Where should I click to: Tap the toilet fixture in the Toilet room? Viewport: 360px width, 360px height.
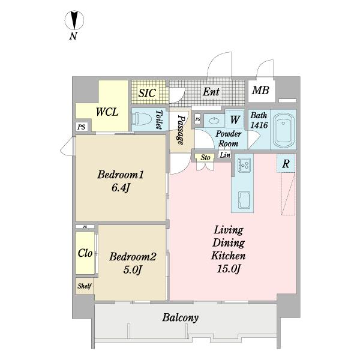coord(143,119)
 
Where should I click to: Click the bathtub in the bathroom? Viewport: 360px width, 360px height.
coord(284,130)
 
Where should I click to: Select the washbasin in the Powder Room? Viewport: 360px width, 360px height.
coord(214,120)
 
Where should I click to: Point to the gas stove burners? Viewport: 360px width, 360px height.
coord(244,164)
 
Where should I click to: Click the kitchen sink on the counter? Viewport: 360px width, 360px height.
coord(244,200)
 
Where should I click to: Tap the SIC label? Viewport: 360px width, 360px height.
coord(147,93)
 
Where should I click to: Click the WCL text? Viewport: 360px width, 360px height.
coord(107,112)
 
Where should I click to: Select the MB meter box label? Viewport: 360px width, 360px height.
coord(260,90)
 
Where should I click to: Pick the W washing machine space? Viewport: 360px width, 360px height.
coord(235,119)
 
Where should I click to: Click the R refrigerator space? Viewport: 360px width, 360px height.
coord(286,164)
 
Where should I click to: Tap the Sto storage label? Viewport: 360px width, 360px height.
coord(205,157)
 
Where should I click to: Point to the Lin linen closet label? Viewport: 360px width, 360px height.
coord(225,155)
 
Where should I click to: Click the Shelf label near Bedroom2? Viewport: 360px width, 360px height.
coord(85,286)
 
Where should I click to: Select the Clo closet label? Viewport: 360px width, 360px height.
coord(85,253)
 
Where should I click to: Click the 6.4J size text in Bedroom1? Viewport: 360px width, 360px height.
coord(121,188)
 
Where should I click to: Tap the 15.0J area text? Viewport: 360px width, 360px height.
coord(229,269)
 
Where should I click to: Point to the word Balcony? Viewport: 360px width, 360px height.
coord(181,318)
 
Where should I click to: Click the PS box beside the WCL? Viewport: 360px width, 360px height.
coord(81,127)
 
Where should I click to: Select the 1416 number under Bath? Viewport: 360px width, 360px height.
coord(259,125)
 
